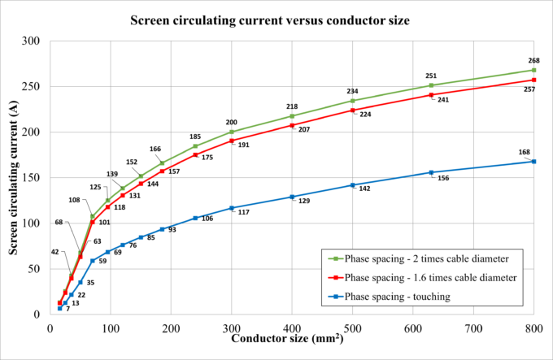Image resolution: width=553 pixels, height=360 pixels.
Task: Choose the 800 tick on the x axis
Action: (533, 327)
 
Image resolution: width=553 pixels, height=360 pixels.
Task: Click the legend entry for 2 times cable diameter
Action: (426, 259)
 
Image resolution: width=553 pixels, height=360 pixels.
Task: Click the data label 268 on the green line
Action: (533, 60)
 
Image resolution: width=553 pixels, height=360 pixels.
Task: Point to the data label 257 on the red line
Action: (529, 89)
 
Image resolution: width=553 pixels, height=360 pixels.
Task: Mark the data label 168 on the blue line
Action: (525, 152)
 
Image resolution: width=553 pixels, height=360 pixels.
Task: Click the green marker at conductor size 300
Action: (232, 132)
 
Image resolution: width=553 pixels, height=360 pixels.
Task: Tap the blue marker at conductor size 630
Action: (431, 172)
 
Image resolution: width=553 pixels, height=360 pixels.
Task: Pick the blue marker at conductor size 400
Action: (292, 197)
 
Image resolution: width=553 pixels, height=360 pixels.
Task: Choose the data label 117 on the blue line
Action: (242, 212)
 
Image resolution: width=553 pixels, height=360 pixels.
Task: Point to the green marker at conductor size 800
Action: (533, 70)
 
